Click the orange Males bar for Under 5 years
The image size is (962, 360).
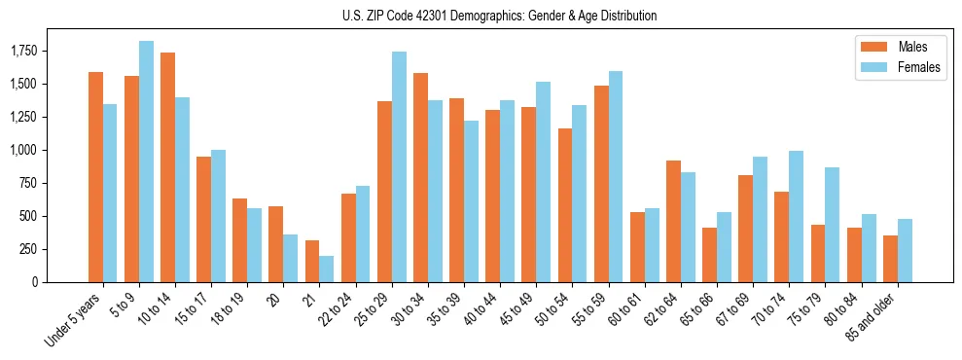[95, 177]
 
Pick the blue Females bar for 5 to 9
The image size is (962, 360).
[146, 162]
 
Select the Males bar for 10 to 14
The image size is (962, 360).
[167, 167]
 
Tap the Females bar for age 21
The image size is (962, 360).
[327, 269]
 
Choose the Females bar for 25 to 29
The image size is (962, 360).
[399, 166]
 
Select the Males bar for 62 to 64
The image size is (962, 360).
[673, 221]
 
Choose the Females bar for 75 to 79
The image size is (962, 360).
[832, 225]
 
